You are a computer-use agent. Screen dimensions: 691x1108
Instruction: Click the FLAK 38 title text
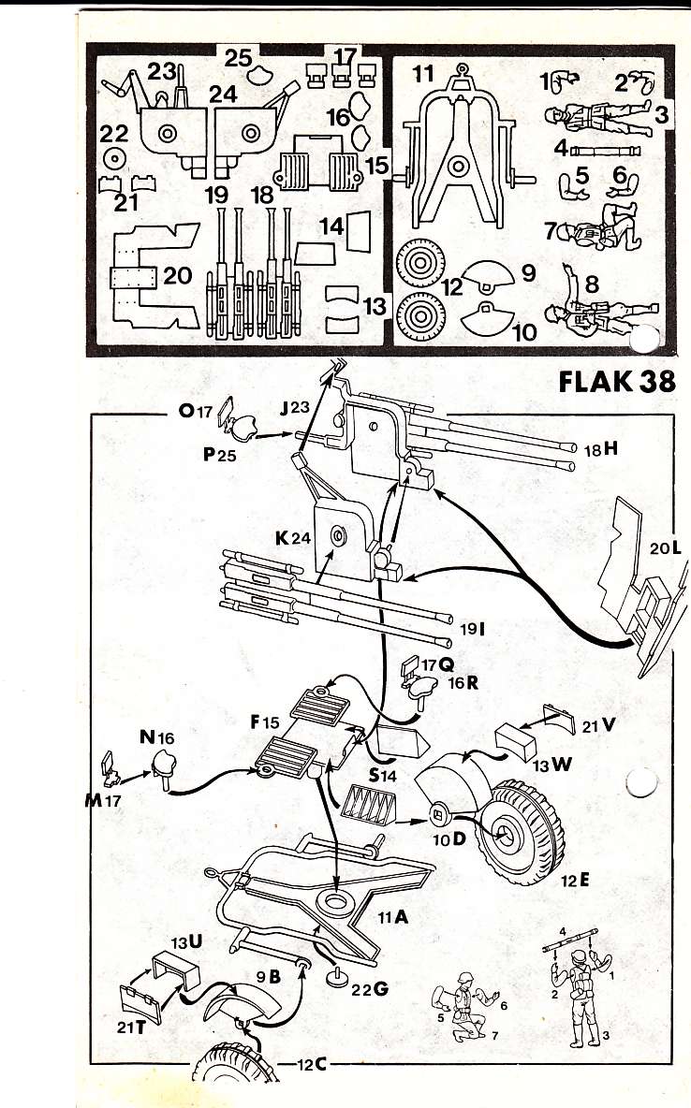617,382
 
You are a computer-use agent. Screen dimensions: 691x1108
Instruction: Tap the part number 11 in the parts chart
423,74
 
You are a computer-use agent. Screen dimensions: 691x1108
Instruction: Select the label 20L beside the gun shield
667,547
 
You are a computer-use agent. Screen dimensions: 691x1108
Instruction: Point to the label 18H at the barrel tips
601,448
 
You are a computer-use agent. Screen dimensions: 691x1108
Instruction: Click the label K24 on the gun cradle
293,538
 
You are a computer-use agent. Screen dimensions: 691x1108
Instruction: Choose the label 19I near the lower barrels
473,628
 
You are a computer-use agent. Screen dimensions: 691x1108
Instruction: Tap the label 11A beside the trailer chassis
392,917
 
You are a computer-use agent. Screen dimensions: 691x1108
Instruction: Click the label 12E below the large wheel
576,881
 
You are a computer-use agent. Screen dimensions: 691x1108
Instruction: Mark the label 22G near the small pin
370,988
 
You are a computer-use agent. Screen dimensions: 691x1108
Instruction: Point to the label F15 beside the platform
265,722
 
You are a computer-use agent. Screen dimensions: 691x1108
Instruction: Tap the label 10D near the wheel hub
449,839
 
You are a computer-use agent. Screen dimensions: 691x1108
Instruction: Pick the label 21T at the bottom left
131,1027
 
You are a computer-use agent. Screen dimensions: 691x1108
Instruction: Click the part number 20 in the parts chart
178,274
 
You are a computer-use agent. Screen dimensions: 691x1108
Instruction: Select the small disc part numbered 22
114,159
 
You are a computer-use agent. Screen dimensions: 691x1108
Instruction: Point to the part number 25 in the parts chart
239,56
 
